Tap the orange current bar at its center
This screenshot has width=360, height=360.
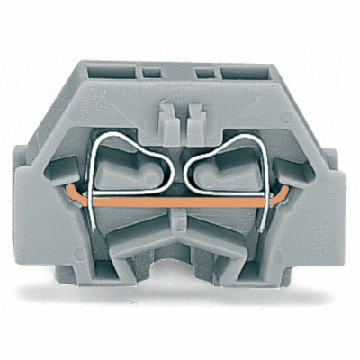(x=180, y=204)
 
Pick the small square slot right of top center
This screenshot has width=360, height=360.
(x=206, y=69)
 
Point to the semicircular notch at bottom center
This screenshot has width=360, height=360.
(x=180, y=270)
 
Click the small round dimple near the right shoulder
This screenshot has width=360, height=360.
(x=287, y=115)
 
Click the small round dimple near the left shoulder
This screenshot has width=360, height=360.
(x=74, y=115)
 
